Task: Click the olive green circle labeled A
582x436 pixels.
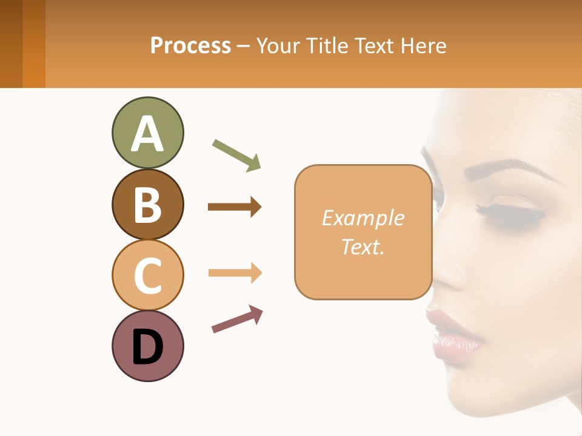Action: coord(147,133)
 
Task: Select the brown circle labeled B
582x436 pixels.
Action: coord(147,204)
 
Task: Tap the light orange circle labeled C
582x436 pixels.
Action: coord(147,275)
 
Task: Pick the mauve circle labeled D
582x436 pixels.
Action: coord(147,346)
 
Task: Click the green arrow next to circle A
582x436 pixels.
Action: coord(237,154)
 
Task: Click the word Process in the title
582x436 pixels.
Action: coord(190,45)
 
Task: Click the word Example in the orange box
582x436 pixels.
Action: coord(363,218)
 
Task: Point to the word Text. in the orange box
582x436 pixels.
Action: coord(363,247)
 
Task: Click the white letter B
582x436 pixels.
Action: coord(147,204)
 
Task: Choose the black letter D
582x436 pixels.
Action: coord(147,347)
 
